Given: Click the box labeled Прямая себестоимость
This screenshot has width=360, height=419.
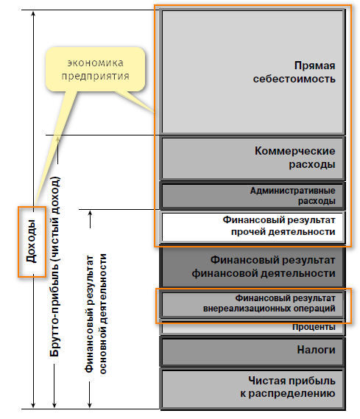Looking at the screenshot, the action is point(253,71).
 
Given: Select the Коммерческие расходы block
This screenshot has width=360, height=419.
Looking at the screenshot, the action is point(253,158).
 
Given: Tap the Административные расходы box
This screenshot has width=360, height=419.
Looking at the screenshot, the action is point(253,196).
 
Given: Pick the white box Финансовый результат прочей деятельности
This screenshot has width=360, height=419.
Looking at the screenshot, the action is point(253,227).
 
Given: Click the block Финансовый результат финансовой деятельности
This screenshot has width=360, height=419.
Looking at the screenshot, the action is point(253,267).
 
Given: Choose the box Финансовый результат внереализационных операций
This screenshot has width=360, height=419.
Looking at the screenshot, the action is point(253,304).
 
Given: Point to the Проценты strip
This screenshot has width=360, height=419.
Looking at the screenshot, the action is point(253,327).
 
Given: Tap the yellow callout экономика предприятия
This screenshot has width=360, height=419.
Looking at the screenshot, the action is point(96,69).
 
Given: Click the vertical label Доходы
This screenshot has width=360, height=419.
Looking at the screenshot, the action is point(32,241).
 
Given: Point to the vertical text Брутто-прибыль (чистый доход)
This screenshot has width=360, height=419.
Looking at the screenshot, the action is point(54,267).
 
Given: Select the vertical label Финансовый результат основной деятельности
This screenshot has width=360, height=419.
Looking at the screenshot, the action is point(96,314).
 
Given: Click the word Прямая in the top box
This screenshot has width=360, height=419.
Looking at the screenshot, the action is point(314,66).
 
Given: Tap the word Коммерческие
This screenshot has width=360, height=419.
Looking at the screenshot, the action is point(294,151).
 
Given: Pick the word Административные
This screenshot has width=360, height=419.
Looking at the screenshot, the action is point(293,191).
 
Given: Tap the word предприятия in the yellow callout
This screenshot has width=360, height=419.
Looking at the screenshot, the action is point(96,77).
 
